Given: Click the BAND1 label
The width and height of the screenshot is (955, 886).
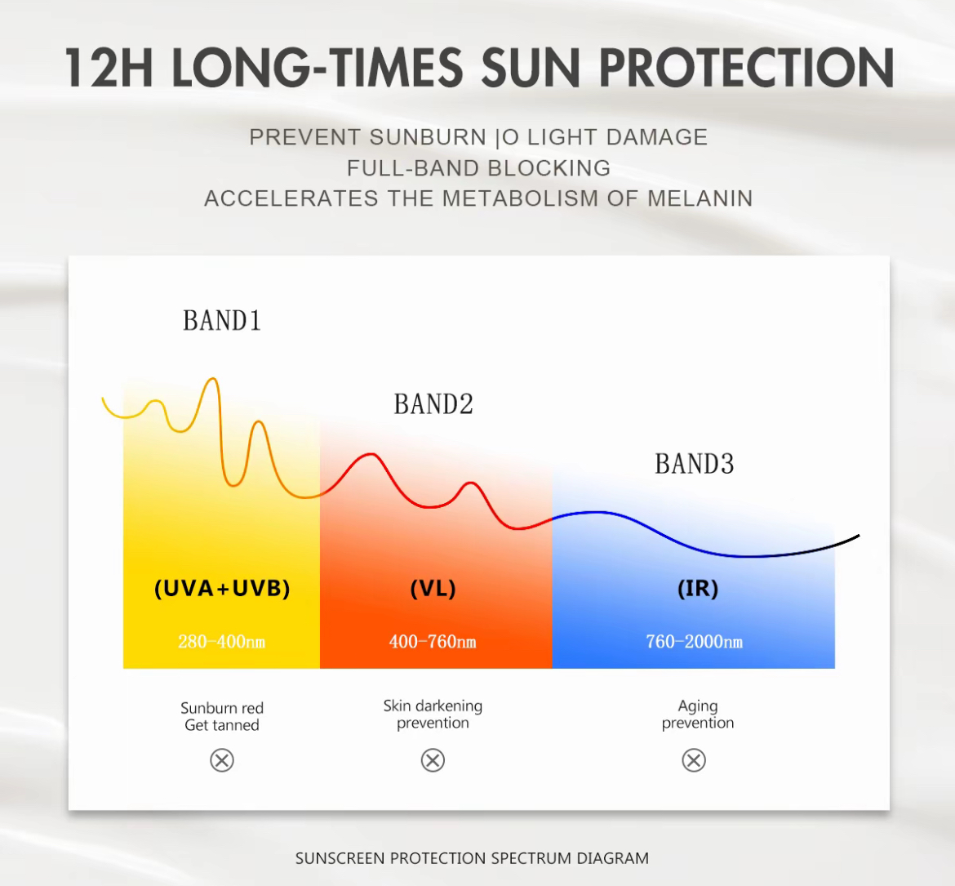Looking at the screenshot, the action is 222,321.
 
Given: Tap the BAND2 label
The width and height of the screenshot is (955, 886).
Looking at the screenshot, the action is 433,404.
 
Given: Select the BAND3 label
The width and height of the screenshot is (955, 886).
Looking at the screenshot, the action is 695,464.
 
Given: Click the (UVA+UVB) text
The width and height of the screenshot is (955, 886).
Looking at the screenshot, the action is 222,588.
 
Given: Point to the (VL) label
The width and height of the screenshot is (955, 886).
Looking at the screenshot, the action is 433,588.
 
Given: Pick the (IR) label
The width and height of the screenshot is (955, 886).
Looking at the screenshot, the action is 698,588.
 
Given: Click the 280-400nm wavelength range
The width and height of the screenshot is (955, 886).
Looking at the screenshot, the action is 222,642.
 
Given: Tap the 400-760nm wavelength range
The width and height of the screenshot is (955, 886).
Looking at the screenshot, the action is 433,642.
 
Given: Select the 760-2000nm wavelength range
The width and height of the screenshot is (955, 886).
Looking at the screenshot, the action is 695,642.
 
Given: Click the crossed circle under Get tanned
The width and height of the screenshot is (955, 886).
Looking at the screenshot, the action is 222,760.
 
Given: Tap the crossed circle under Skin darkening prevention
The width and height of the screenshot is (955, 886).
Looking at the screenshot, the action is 433,760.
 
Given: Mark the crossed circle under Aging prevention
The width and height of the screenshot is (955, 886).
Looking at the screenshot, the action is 694,760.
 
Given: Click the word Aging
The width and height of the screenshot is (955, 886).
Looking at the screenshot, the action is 698,707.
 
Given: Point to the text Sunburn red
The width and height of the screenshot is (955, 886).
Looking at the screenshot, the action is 222,708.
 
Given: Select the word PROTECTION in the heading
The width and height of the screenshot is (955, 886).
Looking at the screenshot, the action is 747,68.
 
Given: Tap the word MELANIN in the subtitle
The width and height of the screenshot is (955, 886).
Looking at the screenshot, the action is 700,198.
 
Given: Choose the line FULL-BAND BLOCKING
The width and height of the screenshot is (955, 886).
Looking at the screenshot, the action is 478,168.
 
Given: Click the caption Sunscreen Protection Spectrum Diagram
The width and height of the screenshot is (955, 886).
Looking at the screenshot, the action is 472,858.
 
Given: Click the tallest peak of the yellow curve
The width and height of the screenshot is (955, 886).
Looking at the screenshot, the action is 212,379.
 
